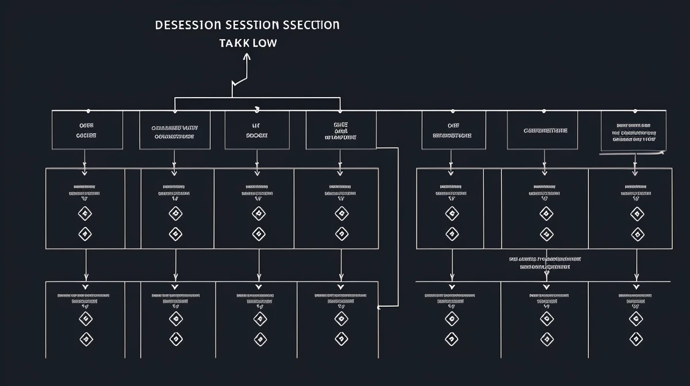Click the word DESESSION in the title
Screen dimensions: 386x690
[x=187, y=26]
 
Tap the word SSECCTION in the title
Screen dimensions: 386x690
[x=311, y=26]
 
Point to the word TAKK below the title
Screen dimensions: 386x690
[x=232, y=44]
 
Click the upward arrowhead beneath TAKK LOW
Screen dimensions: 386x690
[x=247, y=56]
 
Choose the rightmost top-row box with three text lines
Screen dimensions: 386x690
[x=634, y=132]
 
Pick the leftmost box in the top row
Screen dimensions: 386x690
[x=87, y=130]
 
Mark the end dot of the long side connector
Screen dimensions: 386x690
[x=378, y=307]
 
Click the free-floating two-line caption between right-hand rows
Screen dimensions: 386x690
[x=545, y=263]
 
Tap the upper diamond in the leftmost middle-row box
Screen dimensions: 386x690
[x=85, y=214]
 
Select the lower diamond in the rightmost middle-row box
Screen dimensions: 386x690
[x=637, y=234]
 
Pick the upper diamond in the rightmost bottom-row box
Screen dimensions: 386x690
[x=635, y=319]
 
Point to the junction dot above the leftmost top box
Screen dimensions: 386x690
[x=87, y=110]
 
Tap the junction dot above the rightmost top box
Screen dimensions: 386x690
[x=635, y=110]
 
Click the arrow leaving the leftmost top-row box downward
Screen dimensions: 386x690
[x=85, y=161]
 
